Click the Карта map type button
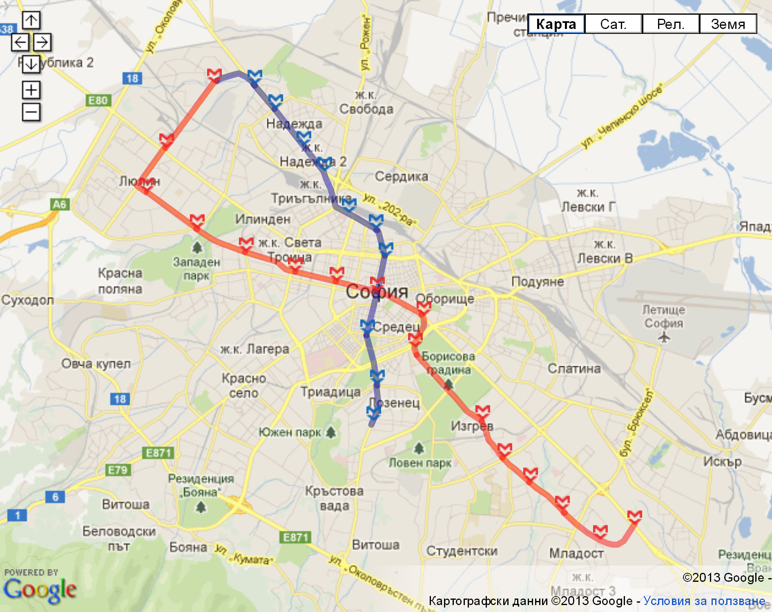(x=556, y=24)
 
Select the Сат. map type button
(x=613, y=24)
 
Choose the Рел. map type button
(x=670, y=24)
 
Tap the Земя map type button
(x=728, y=24)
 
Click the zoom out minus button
(x=31, y=112)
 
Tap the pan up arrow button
(x=31, y=20)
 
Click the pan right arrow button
(x=42, y=42)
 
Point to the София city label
(x=377, y=292)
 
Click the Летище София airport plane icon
(x=664, y=337)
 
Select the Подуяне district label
(x=538, y=282)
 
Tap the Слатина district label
(x=574, y=368)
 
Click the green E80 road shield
(x=98, y=100)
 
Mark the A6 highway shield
(x=60, y=204)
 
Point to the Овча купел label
(x=96, y=364)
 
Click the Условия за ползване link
(x=704, y=601)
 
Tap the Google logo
(x=40, y=590)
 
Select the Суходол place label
(x=27, y=300)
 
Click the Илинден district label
(x=263, y=220)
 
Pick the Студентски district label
(x=462, y=551)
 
